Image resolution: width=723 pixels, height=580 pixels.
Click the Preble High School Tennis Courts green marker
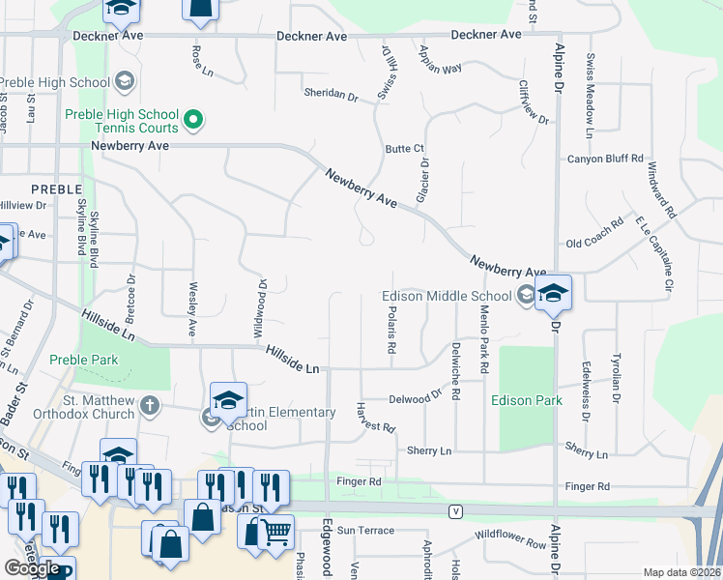[x=193, y=119]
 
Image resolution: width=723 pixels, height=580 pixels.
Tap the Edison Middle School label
[x=446, y=296]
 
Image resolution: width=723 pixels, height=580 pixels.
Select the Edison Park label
[x=527, y=399]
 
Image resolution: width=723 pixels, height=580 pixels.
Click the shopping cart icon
[x=276, y=530]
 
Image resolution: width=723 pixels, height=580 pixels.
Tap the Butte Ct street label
[x=405, y=148]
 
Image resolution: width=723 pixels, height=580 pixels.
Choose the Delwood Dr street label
[x=416, y=397]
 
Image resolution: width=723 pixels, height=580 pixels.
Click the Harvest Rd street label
[x=375, y=420]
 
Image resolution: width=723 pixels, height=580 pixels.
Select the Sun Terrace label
[x=364, y=531]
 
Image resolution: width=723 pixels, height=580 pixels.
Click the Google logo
[x=32, y=568]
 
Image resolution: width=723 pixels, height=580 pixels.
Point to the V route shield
[x=453, y=509]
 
